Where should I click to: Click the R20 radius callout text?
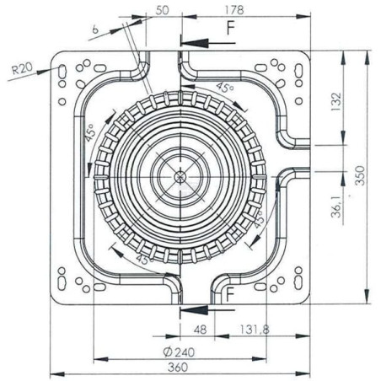pos(22,68)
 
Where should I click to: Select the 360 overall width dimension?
pos(178,367)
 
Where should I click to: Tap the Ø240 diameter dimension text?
pos(179,352)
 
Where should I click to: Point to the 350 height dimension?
pos(360,175)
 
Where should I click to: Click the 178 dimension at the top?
pos(234,10)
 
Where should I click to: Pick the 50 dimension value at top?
pos(162,10)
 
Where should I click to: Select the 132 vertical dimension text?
pos(336,101)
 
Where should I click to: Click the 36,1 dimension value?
pos(336,207)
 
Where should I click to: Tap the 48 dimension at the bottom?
pos(200,330)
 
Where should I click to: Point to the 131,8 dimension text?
pos(255,330)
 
